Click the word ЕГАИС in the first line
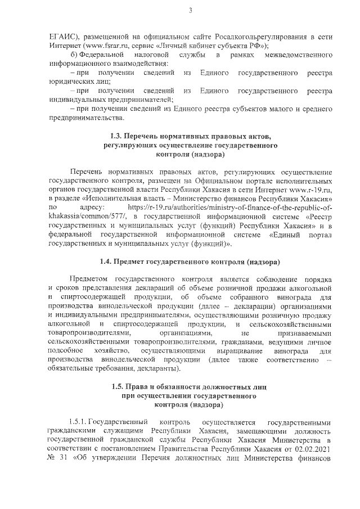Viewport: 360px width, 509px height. click(64, 34)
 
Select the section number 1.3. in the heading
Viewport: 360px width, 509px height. click(118, 137)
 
